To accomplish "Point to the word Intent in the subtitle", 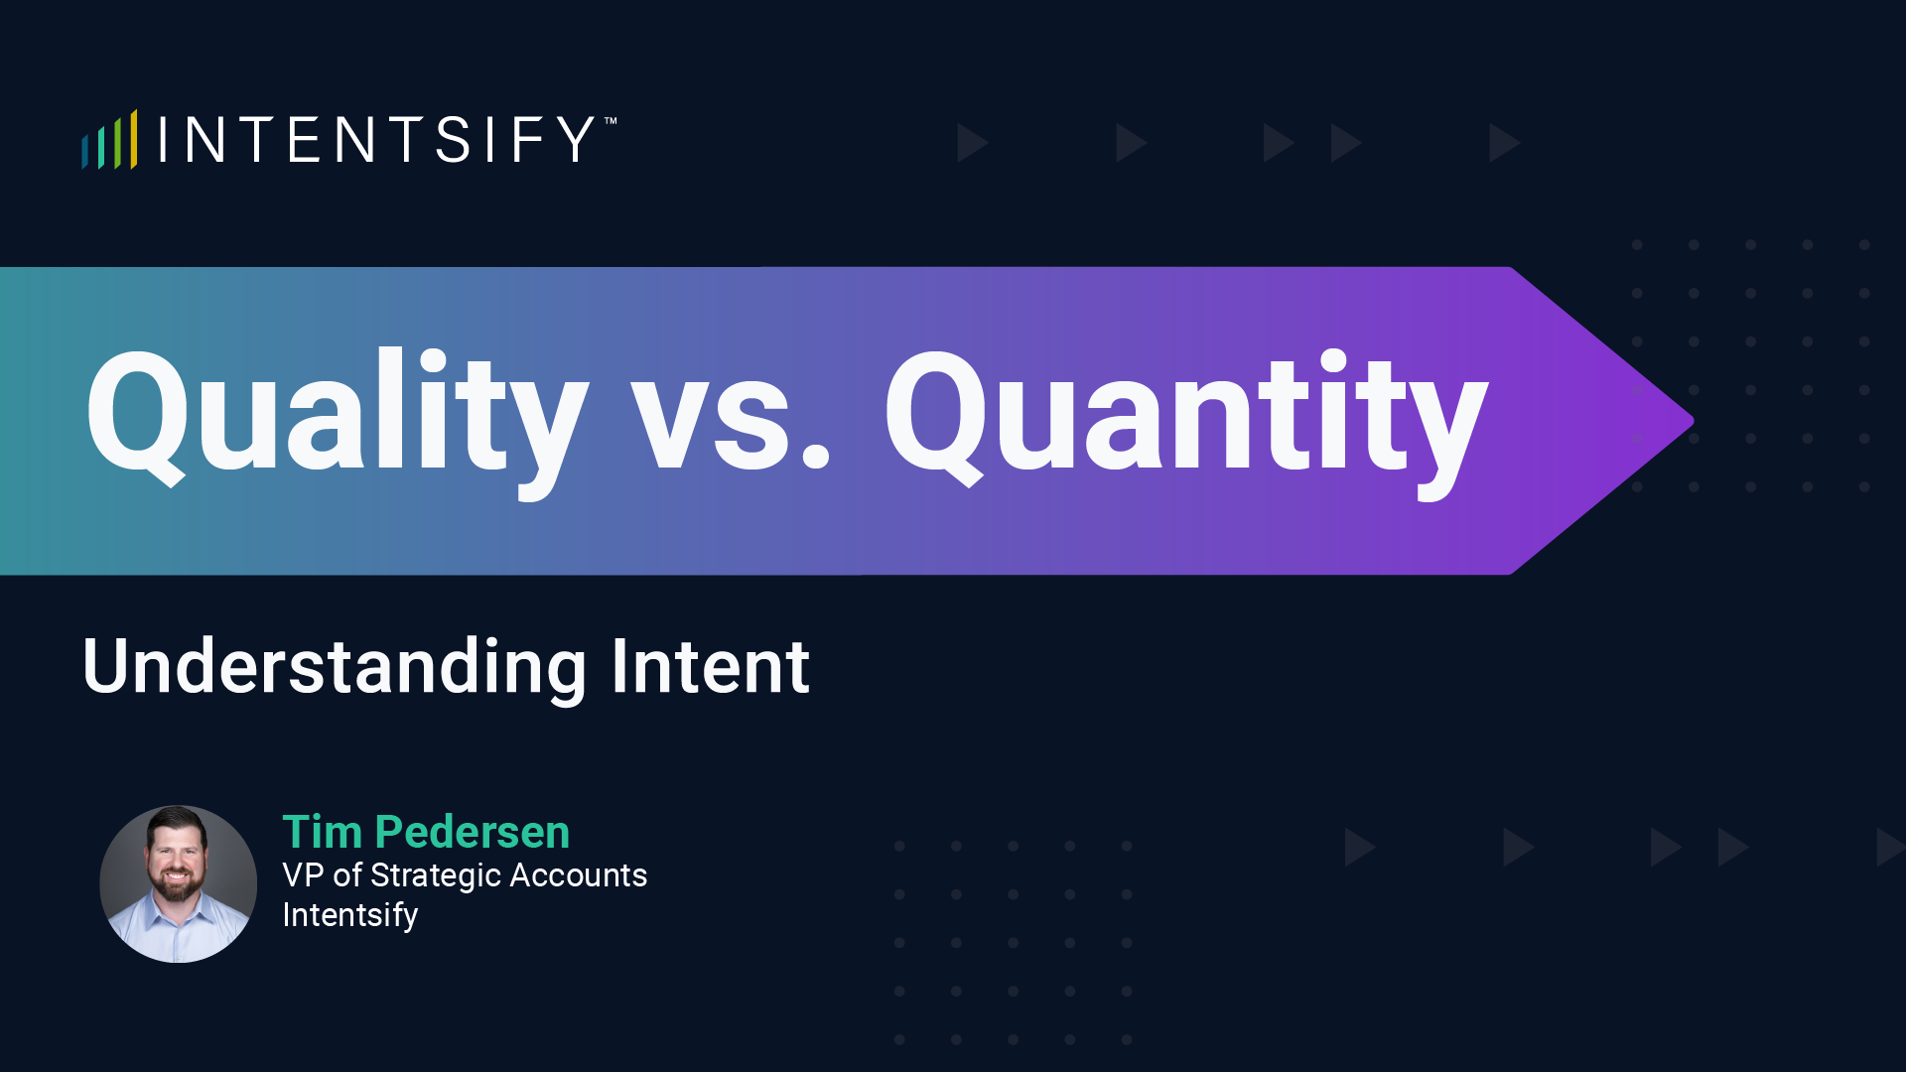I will pos(711,666).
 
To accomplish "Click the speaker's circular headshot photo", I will pos(179,883).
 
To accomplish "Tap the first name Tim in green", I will pos(323,832).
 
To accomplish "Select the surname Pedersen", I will pos(473,832).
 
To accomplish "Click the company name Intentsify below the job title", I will pos(350,914).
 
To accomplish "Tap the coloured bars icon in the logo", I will pos(109,141).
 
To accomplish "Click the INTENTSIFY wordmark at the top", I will pos(377,140).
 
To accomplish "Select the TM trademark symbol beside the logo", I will pos(611,121).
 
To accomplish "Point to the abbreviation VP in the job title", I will pos(303,875).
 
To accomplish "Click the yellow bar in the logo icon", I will pos(133,139).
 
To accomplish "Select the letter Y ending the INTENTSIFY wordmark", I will pos(575,140).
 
